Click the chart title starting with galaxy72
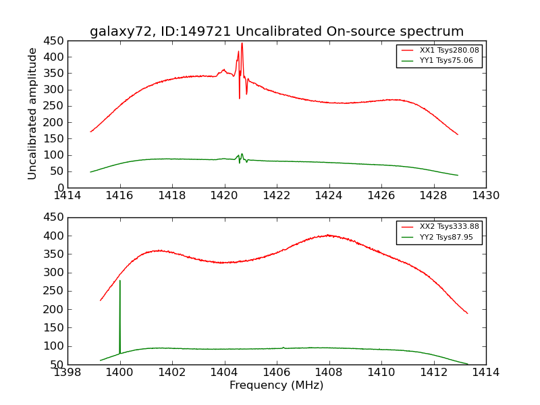point(277,32)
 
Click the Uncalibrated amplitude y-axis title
point(33,113)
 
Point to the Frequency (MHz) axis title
point(277,385)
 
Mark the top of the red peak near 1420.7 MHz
point(242,44)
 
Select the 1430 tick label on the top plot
point(485,195)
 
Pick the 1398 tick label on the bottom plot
point(67,372)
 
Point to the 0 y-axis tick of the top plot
point(61,188)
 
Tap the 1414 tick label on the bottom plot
point(485,372)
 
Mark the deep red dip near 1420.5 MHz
point(239,98)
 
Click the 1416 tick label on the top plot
point(120,195)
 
